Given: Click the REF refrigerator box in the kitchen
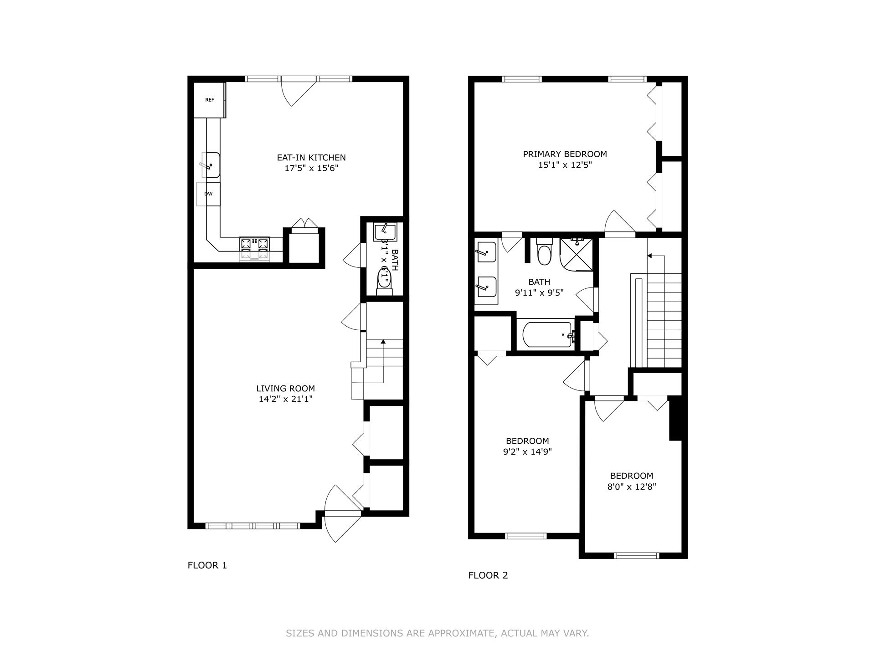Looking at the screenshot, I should (209, 100).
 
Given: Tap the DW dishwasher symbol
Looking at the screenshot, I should (208, 194).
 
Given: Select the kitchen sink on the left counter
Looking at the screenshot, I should (211, 165).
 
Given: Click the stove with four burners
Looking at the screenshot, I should (254, 249).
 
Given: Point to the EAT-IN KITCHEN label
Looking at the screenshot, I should (311, 158).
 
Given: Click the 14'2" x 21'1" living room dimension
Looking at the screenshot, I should (285, 400).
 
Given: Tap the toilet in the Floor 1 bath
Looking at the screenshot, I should (384, 280).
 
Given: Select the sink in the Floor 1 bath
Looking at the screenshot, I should (385, 232).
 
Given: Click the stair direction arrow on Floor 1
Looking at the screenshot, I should (383, 341).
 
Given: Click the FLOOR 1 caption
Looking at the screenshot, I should (207, 565).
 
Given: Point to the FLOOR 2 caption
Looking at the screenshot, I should (488, 575).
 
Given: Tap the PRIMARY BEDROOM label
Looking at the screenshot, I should (565, 154).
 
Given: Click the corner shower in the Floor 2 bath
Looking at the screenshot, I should (576, 254).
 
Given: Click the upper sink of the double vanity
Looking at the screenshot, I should (486, 252).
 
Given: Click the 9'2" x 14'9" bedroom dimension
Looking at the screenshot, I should (527, 452).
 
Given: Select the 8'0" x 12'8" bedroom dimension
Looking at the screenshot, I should (631, 487).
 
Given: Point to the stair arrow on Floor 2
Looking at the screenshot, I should (650, 256).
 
